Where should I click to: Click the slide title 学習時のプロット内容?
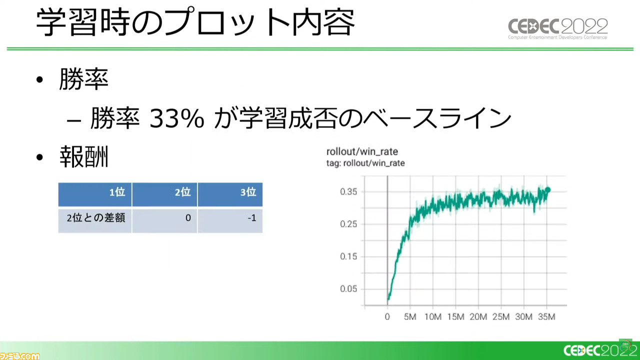pos(195,22)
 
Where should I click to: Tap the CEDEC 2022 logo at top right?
pos(557,28)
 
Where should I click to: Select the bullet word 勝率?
pos(83,79)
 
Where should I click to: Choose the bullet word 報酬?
pos(83,156)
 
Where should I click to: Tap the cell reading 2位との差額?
pos(95,218)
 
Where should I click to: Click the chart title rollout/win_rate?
pos(362,151)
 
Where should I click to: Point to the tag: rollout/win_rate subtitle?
pos(365,163)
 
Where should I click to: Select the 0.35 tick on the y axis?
pos(348,191)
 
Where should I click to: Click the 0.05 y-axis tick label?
pos(348,289)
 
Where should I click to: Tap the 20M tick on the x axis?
pos(478,317)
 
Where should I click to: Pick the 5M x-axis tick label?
pos(410,317)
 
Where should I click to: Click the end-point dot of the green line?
pos(547,189)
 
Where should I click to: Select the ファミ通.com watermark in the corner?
pos(19,356)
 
